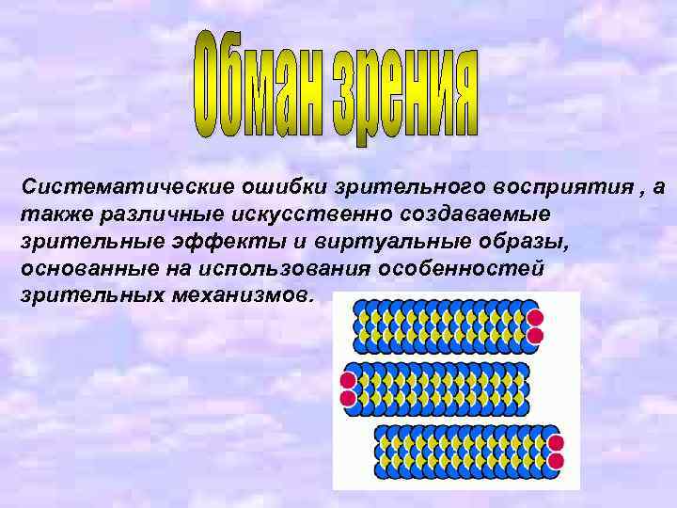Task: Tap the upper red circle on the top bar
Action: tap(532, 318)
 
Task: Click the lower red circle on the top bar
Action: tap(535, 335)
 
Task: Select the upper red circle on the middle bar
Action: tap(348, 381)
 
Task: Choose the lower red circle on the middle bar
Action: tap(348, 398)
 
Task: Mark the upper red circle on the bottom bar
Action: tap(556, 443)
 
